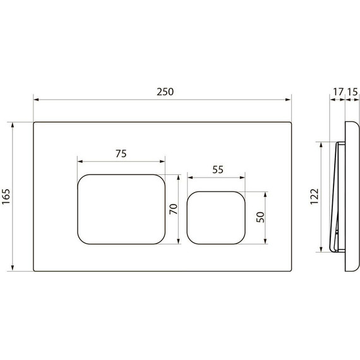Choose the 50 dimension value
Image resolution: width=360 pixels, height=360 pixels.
click(260, 215)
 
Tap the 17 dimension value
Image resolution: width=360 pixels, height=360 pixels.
click(337, 92)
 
